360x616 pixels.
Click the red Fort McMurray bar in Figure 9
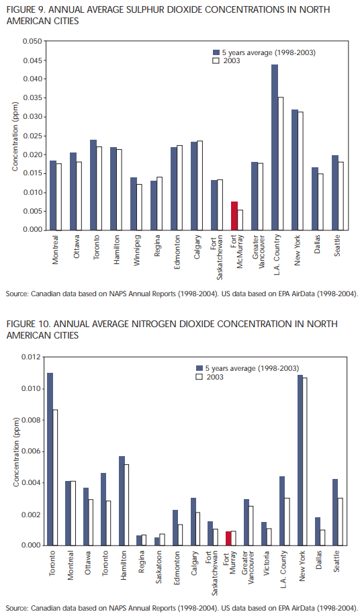tap(234, 216)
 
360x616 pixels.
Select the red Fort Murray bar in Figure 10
tap(228, 538)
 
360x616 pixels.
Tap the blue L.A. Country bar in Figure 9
tap(275, 147)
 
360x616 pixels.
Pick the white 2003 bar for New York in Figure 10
tap(304, 461)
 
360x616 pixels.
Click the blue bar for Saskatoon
tap(156, 541)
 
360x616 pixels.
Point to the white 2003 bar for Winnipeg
tap(140, 208)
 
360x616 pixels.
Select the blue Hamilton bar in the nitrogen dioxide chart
tap(122, 501)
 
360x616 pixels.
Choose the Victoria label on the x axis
tap(267, 562)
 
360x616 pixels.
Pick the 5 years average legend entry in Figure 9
tap(264, 52)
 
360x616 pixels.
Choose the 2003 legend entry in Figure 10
tap(210, 377)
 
